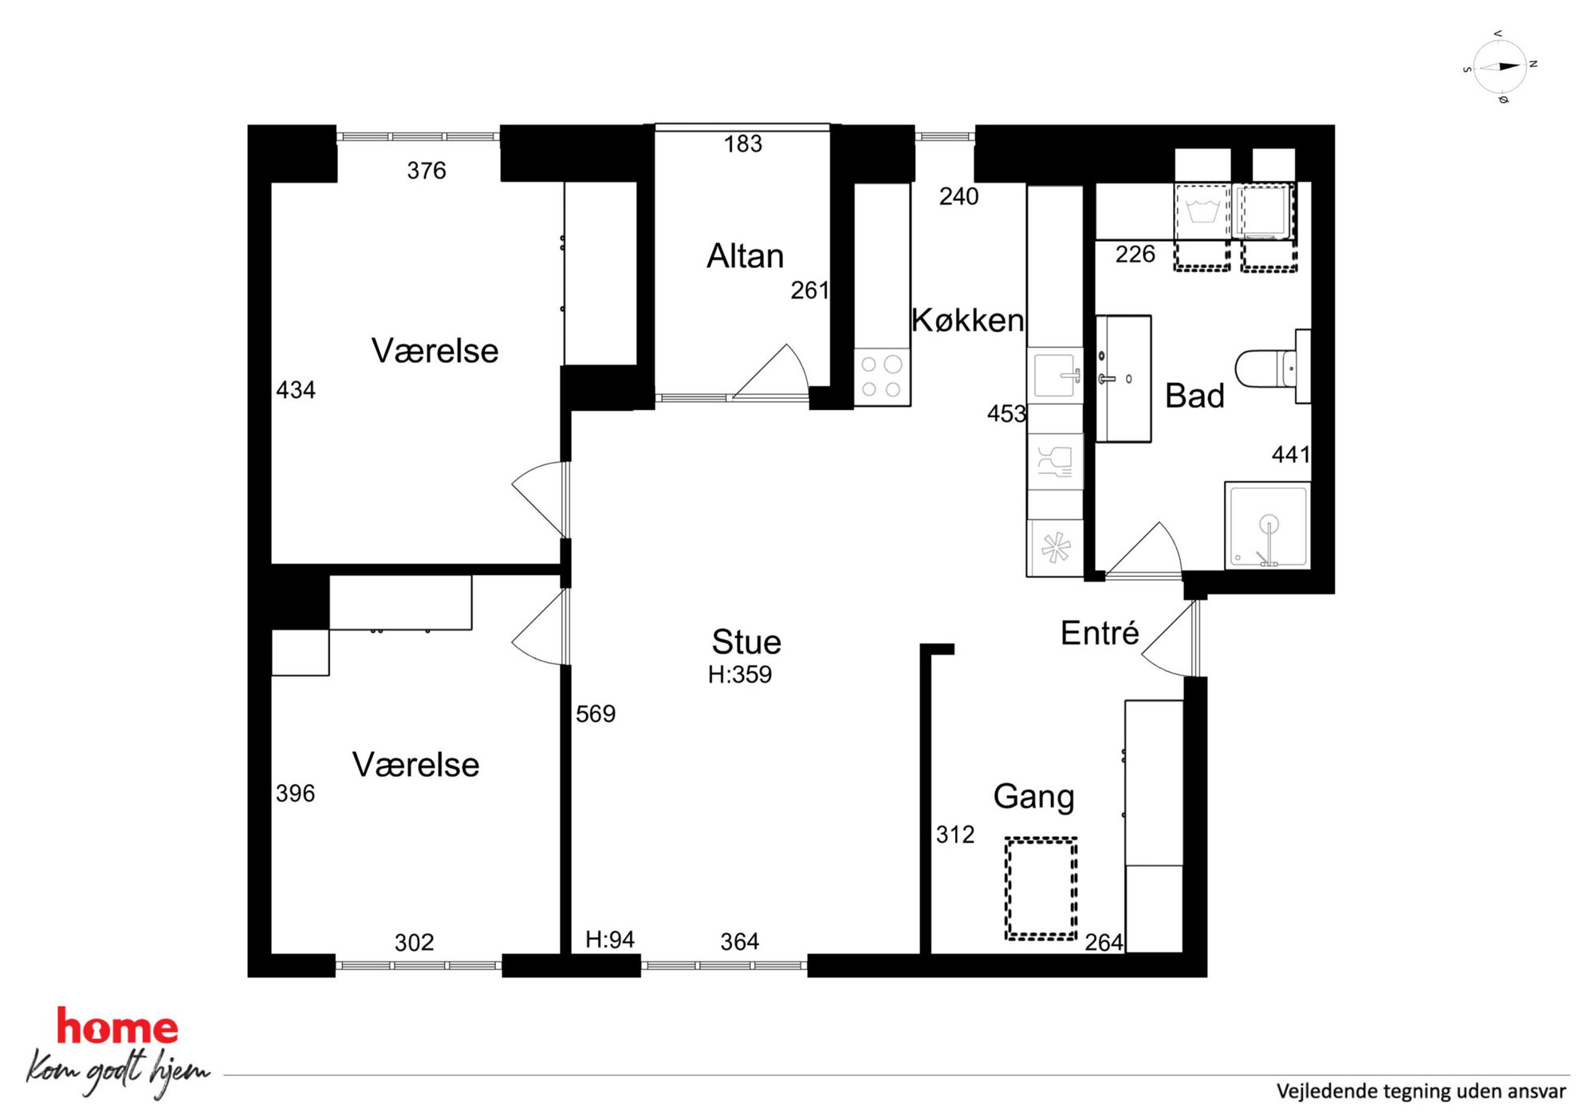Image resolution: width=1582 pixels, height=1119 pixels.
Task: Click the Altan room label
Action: [x=745, y=256]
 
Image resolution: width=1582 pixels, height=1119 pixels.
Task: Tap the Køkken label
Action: [x=967, y=320]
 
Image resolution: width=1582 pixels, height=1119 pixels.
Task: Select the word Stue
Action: [x=746, y=641]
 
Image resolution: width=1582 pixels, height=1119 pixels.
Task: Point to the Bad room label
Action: [x=1194, y=396]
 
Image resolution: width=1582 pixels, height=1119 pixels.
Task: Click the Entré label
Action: [x=1100, y=632]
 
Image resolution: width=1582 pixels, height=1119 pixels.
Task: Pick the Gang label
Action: [x=1033, y=797]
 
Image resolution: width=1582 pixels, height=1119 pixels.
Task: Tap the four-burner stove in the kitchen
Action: [x=882, y=376]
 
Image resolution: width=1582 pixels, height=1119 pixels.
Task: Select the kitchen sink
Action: [x=1056, y=375]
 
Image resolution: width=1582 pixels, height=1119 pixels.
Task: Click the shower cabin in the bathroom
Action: [x=1268, y=526]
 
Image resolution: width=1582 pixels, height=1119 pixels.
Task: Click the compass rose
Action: [x=1500, y=67]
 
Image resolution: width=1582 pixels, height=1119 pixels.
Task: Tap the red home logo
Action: [x=117, y=1027]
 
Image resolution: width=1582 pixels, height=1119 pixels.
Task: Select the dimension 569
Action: [x=596, y=713]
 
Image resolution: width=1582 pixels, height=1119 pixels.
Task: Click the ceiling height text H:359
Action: [x=740, y=675]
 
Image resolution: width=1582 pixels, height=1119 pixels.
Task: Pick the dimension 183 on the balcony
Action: [x=743, y=144]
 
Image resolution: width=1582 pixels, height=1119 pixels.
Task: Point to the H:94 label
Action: [x=610, y=940]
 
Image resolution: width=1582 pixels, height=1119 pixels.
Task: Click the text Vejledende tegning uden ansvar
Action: [x=1421, y=1091]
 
